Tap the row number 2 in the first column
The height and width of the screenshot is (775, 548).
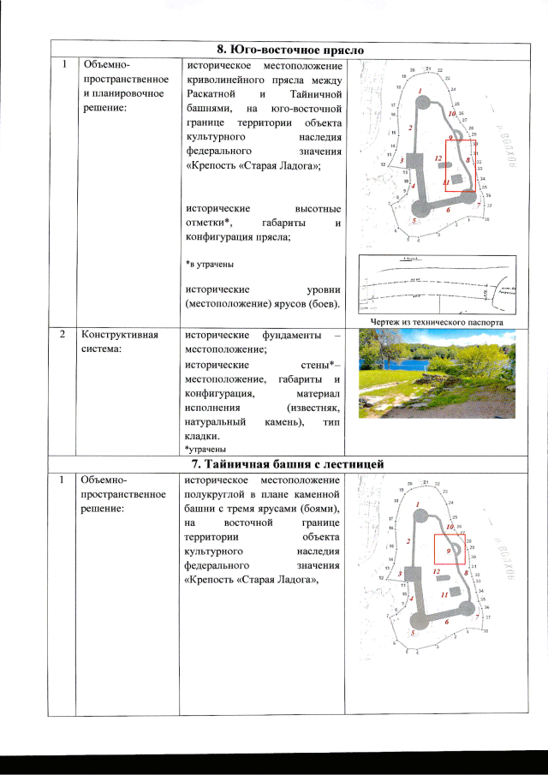(63, 334)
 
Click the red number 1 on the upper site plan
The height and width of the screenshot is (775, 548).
(420, 90)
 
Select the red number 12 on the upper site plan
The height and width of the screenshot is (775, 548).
(438, 158)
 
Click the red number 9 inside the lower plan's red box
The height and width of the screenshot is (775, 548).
(449, 551)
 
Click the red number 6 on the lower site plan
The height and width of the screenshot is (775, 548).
(448, 622)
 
